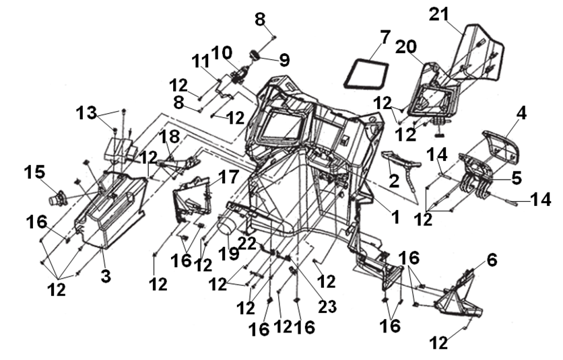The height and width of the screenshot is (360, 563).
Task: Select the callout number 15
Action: pos(35,172)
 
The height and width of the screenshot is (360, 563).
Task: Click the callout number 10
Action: pos(222,52)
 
